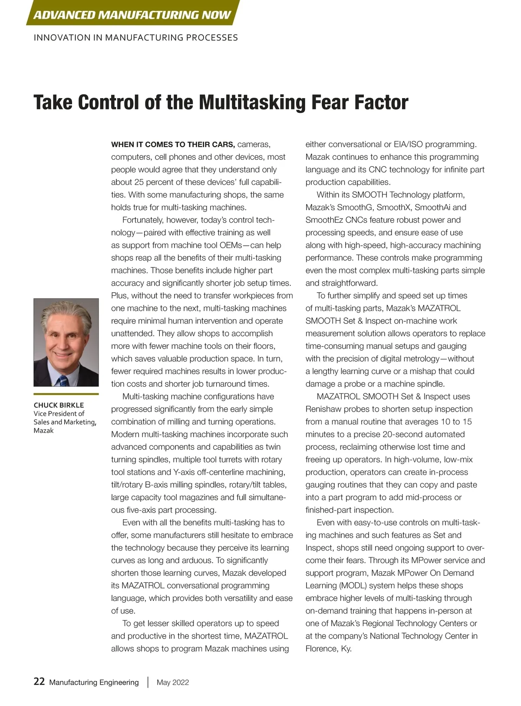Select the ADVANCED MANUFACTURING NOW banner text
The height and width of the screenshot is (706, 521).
coord(132,15)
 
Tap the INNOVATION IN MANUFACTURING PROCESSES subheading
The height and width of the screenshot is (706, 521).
coord(135,38)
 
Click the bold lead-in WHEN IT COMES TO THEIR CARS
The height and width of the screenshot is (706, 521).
coord(173,145)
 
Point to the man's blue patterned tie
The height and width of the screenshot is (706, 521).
coord(64,381)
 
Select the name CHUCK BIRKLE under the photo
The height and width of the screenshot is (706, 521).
coord(59,405)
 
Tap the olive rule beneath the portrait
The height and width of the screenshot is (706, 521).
coord(66,394)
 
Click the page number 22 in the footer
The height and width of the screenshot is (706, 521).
coord(39,682)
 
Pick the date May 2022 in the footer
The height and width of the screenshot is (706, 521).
coord(173,683)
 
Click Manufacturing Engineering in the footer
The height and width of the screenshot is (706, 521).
coord(94,683)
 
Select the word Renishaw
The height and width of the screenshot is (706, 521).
coord(323,409)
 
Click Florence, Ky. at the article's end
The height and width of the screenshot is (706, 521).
coord(328,649)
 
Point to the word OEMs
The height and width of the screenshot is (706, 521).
coord(231,245)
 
